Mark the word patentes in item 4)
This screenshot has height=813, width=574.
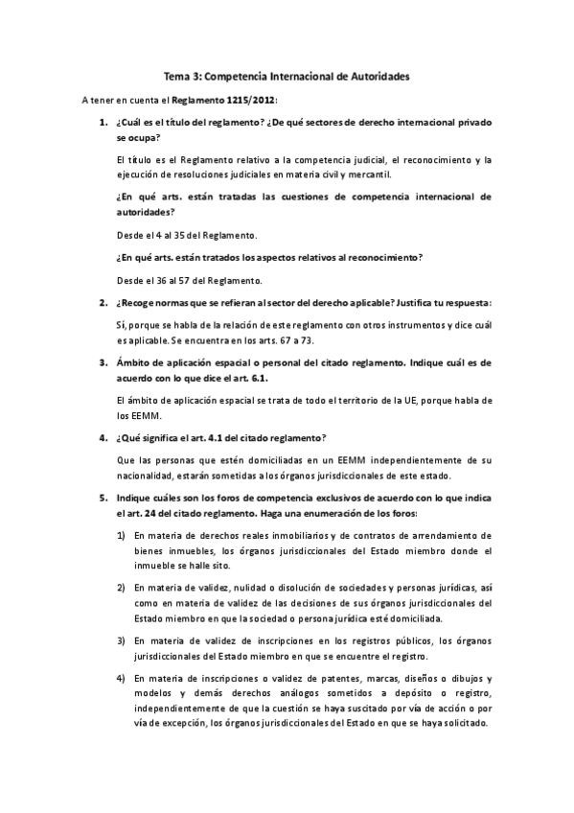click(288, 678)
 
